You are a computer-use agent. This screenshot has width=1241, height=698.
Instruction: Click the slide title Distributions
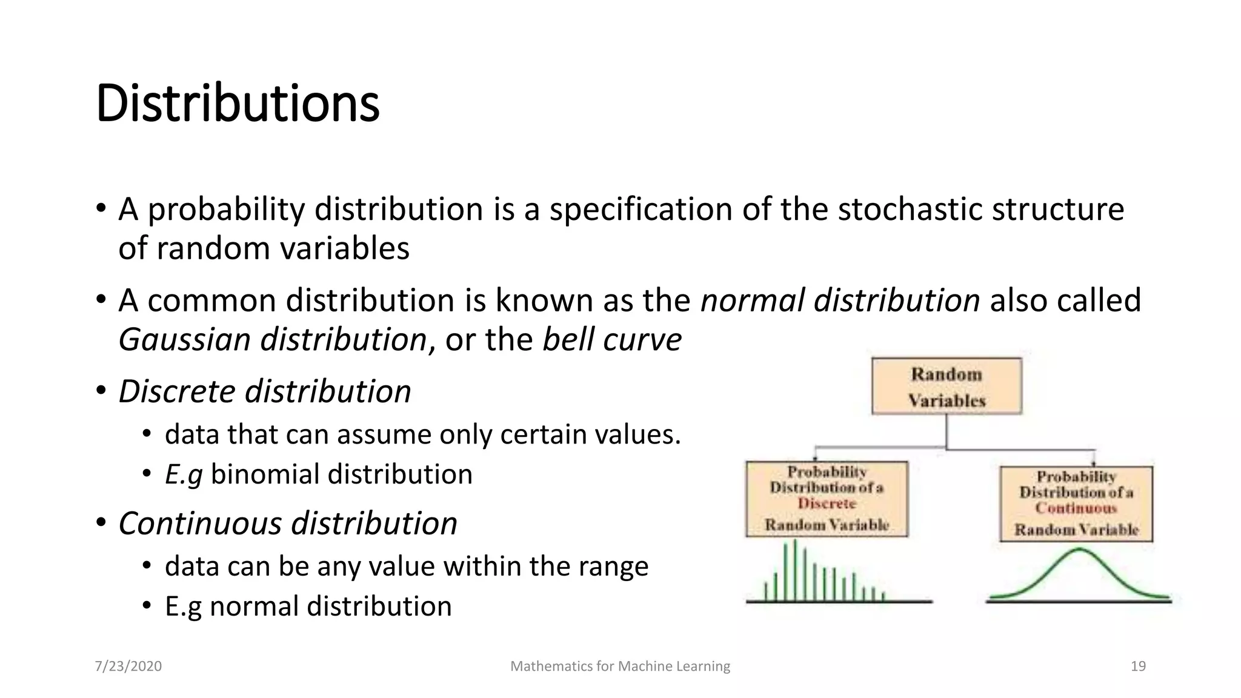(238, 103)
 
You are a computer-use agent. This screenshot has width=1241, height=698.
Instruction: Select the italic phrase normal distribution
(840, 300)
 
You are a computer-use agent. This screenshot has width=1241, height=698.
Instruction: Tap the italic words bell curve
(612, 339)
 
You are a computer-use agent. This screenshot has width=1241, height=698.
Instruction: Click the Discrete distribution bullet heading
(265, 391)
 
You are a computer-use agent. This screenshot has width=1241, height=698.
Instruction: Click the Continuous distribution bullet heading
(288, 523)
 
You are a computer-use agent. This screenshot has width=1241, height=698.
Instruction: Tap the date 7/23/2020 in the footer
(128, 666)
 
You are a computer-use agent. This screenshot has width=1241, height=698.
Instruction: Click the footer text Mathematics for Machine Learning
(620, 666)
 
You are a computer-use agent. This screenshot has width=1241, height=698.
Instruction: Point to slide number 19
(1138, 666)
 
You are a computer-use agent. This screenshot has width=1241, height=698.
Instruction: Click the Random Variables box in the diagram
(947, 387)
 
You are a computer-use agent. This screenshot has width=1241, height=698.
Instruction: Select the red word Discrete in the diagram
(827, 504)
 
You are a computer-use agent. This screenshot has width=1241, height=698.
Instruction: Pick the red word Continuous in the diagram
(1076, 508)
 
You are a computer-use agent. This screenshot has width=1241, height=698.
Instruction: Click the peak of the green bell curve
(1079, 550)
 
